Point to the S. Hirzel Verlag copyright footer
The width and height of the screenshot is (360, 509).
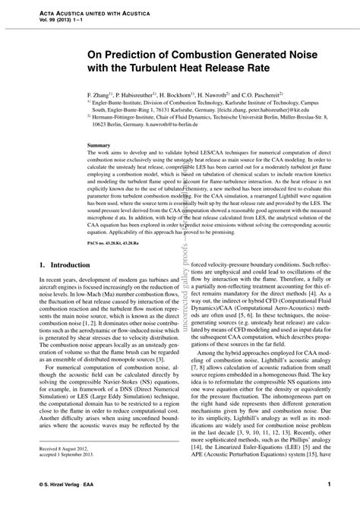pyautogui.click(x=61, y=484)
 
